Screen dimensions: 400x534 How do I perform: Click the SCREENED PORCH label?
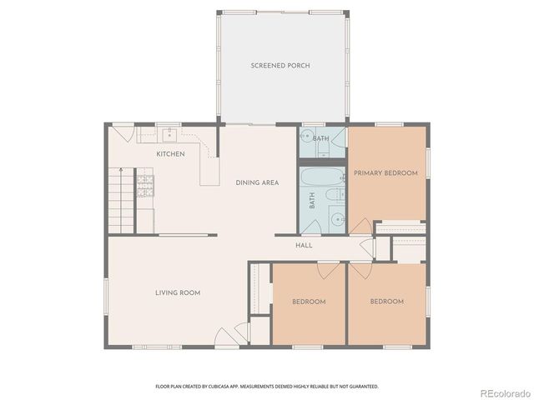pyautogui.click(x=280, y=66)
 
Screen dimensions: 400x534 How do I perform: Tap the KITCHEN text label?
pyautogui.click(x=170, y=154)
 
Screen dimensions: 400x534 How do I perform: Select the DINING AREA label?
pyautogui.click(x=257, y=182)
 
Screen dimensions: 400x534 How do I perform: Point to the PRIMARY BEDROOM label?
pyautogui.click(x=385, y=173)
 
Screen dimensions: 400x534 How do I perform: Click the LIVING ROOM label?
pyautogui.click(x=177, y=292)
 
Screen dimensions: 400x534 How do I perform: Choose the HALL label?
pyautogui.click(x=304, y=246)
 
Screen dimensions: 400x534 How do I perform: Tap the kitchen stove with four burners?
pyautogui.click(x=146, y=183)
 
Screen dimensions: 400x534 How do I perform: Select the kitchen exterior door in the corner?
pyautogui.click(x=123, y=133)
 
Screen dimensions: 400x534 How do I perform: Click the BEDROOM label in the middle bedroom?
pyautogui.click(x=308, y=302)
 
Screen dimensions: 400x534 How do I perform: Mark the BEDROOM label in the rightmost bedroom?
pyautogui.click(x=386, y=302)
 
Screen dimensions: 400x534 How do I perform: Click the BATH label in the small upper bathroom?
pyautogui.click(x=321, y=138)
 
